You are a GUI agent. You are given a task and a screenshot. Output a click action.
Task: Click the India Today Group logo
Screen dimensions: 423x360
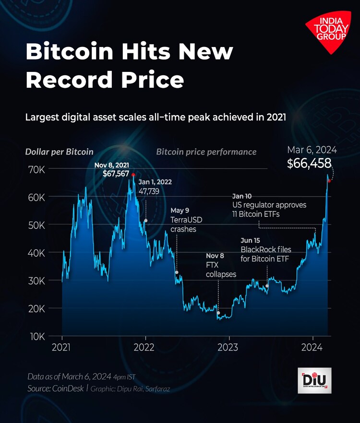pyautogui.click(x=329, y=34)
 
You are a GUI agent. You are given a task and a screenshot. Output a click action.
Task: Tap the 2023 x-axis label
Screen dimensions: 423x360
pyautogui.click(x=228, y=347)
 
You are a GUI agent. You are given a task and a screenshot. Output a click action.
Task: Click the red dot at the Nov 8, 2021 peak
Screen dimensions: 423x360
pyautogui.click(x=133, y=175)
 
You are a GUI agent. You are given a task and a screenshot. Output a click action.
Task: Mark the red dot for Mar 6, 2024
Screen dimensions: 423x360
pyautogui.click(x=329, y=181)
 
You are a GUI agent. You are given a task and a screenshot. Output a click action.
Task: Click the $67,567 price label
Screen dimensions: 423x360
pyautogui.click(x=116, y=173)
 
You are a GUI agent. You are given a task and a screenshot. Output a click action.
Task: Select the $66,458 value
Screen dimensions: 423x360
pyautogui.click(x=309, y=164)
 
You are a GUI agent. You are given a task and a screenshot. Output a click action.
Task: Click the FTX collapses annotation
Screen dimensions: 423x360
pyautogui.click(x=221, y=269)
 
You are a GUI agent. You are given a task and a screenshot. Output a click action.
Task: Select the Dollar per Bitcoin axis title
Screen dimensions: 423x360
pyautogui.click(x=59, y=152)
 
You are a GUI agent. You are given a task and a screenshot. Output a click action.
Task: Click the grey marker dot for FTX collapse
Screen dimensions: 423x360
pyautogui.click(x=218, y=313)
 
